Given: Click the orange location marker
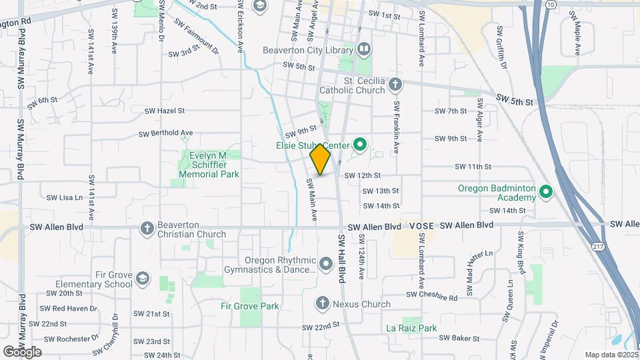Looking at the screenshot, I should (x=321, y=159).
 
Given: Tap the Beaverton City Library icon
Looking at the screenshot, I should (x=364, y=48).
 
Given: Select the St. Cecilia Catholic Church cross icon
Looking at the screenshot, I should (x=395, y=84).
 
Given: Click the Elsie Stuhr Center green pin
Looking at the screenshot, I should (x=361, y=144).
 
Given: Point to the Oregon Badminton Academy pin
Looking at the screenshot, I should (x=546, y=193).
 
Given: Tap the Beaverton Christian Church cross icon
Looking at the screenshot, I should (x=147, y=229).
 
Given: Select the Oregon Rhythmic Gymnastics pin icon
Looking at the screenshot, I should (x=326, y=265).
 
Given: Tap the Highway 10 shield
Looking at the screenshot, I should (x=550, y=4).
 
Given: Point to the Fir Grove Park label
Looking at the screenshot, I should (x=250, y=306).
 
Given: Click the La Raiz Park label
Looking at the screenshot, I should (x=411, y=328).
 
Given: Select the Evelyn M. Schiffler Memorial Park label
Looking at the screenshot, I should (x=209, y=165).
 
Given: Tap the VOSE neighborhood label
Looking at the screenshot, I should (x=422, y=226).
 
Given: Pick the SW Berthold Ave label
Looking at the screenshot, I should (x=165, y=133).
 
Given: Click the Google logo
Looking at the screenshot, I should (x=23, y=351).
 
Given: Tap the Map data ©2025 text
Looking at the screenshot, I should (x=610, y=355).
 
